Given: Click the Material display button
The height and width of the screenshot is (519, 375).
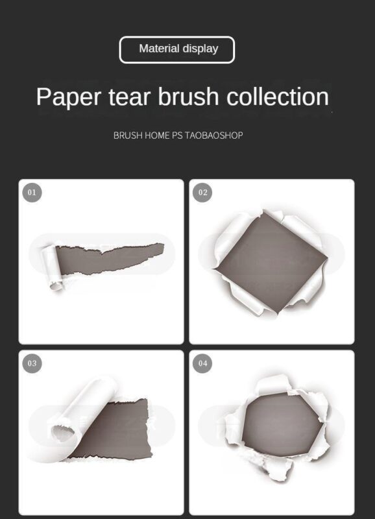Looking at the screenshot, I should pos(177,49).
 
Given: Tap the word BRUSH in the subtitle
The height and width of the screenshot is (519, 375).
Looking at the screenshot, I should pos(127,136).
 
